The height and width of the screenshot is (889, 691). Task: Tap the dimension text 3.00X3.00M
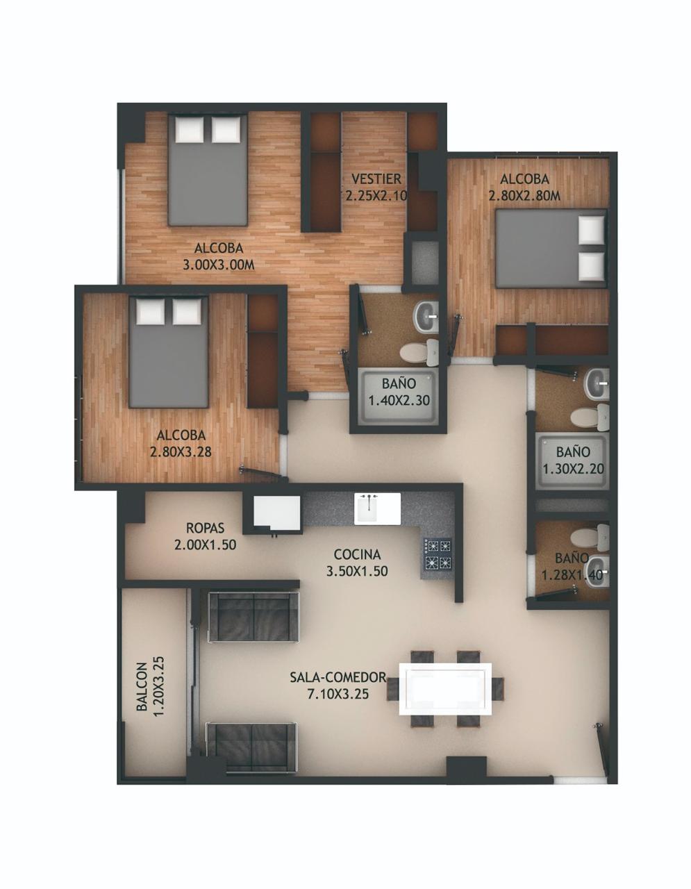point(218,265)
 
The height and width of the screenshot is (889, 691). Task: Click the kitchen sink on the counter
point(377,508)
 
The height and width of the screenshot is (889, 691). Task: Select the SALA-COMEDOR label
point(338,677)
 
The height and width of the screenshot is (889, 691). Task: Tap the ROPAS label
point(206,528)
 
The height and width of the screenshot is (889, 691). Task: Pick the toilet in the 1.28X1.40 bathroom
point(589,536)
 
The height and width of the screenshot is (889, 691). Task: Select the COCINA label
point(357,554)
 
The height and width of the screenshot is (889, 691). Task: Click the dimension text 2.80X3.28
point(181,452)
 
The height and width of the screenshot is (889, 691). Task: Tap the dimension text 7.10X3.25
point(338,695)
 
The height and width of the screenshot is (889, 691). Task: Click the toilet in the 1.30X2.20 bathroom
point(589,417)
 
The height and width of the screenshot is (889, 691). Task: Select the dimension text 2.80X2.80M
point(524,196)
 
